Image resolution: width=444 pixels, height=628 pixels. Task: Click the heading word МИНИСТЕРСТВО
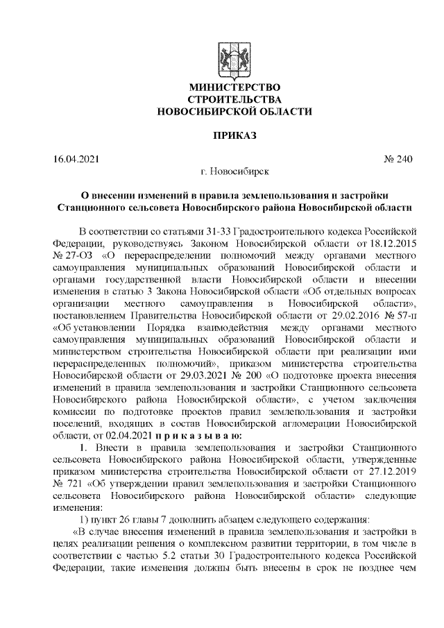coord(234,88)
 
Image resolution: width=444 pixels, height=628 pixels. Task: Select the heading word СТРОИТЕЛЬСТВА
coord(234,100)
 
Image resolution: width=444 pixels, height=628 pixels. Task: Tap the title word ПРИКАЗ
coord(234,134)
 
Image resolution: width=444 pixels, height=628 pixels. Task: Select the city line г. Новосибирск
coord(234,171)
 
